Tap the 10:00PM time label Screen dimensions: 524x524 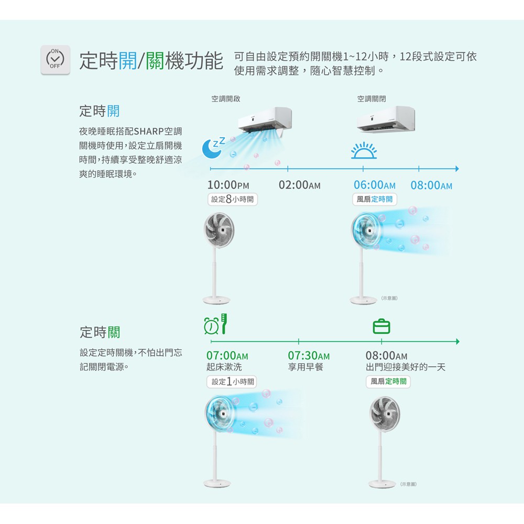point(228,185)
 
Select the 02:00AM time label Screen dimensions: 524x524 point(299,185)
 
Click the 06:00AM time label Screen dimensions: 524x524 point(374,185)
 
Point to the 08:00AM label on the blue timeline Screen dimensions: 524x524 point(431,185)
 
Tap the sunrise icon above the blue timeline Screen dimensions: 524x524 point(364,150)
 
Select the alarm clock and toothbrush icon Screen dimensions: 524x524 point(215,325)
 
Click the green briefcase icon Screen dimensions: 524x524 point(381,326)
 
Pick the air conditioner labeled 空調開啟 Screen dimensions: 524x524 point(265,119)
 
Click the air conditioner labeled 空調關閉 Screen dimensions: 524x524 point(386,119)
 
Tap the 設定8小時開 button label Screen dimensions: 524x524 point(232,199)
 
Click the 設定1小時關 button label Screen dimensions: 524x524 point(232,381)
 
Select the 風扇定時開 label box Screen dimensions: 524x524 point(375,199)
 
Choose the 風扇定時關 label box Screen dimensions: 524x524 point(388,381)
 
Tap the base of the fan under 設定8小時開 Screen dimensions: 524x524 point(216,300)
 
